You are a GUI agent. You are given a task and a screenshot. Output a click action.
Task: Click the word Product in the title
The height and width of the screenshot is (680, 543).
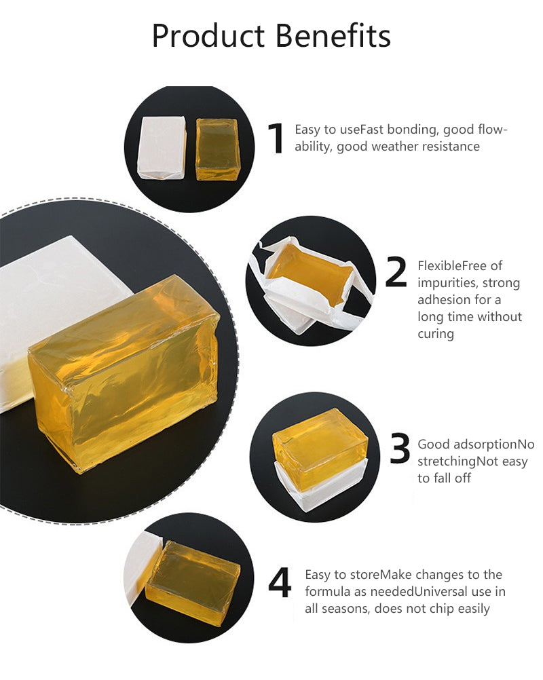208,35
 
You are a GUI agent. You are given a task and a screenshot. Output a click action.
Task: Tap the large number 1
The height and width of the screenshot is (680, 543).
276,138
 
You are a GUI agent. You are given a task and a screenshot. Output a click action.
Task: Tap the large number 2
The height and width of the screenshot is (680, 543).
396,272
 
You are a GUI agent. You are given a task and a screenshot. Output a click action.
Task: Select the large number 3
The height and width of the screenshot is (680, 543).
399,449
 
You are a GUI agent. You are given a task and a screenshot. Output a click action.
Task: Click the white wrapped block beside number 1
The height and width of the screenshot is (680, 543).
162,149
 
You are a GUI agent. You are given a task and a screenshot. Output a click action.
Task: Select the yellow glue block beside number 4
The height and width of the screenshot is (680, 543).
193,582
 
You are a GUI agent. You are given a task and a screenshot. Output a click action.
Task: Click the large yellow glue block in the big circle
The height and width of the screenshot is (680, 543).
124,374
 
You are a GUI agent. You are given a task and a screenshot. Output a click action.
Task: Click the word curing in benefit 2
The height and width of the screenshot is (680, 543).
436,334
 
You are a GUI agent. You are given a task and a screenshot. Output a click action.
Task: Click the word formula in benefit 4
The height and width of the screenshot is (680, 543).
327,592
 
